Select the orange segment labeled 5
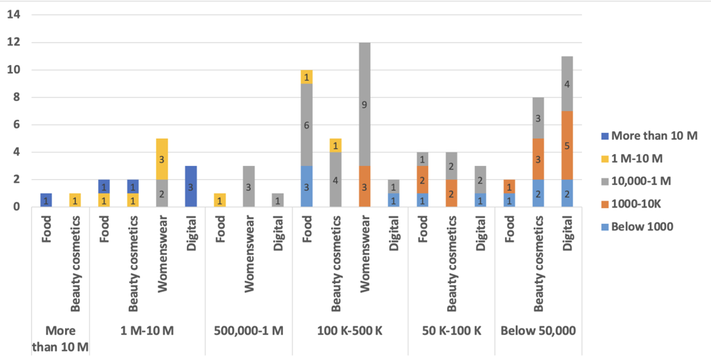567,146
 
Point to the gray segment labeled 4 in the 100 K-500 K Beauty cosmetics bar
336,179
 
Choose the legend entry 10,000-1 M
641,182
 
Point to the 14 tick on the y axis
14,15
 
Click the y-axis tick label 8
16,97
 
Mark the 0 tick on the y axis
16,207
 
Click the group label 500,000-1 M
249,331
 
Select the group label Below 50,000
538,331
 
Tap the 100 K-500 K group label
350,331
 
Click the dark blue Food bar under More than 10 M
47,200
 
